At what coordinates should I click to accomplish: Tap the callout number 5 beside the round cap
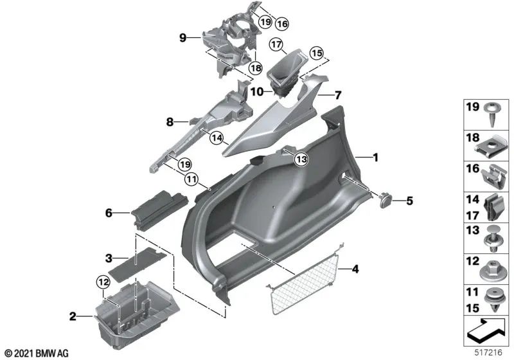[x=408, y=201]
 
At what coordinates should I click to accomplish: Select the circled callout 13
[x=301, y=158]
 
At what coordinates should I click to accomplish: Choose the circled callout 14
[x=215, y=137]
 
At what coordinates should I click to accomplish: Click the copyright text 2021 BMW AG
[x=36, y=352]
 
